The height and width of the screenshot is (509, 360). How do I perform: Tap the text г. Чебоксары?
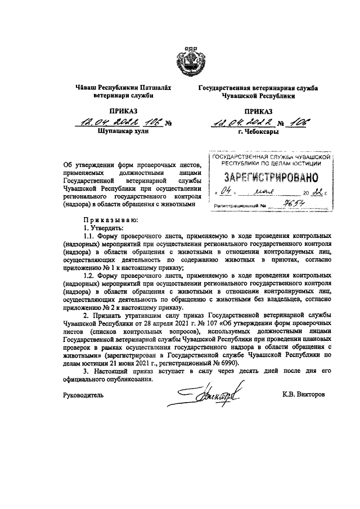coord(258,134)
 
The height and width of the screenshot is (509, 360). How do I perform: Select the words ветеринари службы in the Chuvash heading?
coord(121,96)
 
